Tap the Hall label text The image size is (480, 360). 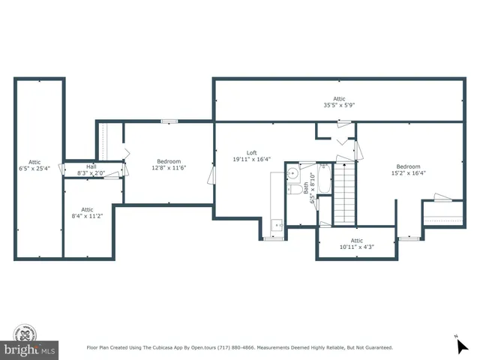point(91,166)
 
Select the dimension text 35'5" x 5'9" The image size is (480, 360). point(340,106)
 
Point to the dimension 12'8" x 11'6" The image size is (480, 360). point(169,168)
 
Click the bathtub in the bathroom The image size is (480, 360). point(324,180)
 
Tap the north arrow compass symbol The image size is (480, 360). point(461,345)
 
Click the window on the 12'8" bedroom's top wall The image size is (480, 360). point(169,121)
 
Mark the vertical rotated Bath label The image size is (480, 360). point(307,187)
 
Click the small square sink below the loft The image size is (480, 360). point(276,223)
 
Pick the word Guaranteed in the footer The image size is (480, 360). point(376,348)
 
